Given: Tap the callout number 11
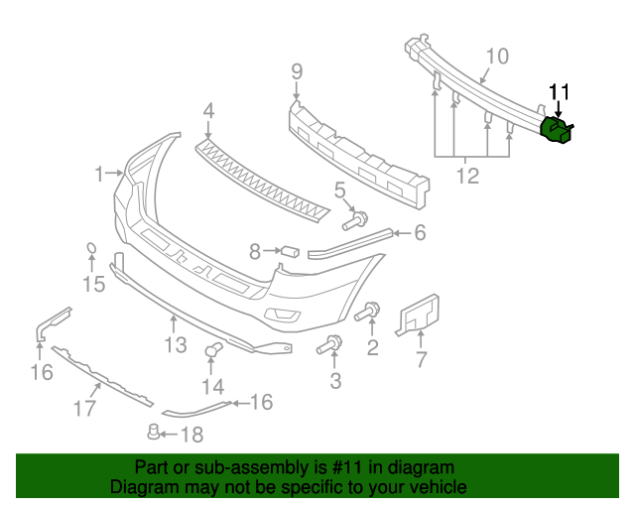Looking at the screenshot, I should tap(560, 92).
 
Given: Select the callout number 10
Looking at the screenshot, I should tap(497, 56).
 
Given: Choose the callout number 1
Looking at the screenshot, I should tap(99, 175).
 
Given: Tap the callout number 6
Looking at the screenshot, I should tap(420, 233).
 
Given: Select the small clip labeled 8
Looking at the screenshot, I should tap(291, 250).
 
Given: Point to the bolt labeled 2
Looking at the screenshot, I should tap(366, 313).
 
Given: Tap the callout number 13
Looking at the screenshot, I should tap(176, 345).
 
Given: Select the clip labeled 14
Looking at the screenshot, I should tap(212, 349).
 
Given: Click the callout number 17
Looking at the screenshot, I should tap(85, 407).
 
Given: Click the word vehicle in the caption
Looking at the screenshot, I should tap(434, 487).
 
